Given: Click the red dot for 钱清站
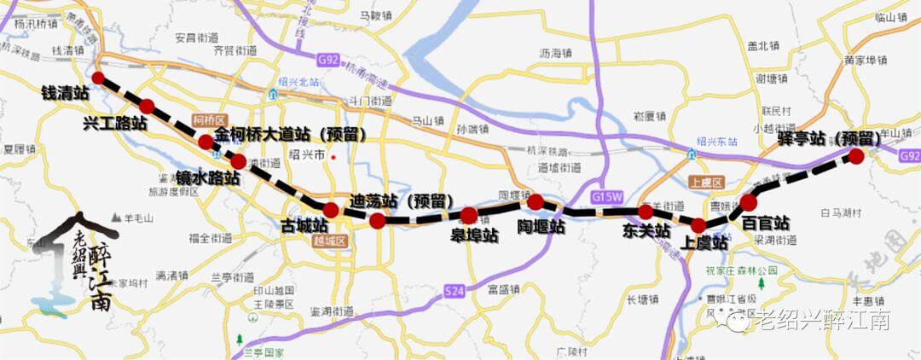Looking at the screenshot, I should (x=98, y=78).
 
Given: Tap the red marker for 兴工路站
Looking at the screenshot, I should (x=147, y=107).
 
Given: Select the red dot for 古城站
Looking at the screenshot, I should (x=331, y=210).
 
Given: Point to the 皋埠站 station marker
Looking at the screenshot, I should (x=469, y=216).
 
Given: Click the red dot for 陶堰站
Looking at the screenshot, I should (x=536, y=202).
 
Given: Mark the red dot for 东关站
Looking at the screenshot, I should (x=646, y=212).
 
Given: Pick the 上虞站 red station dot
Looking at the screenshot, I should (x=698, y=226).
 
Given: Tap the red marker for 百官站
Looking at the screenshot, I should (x=748, y=202).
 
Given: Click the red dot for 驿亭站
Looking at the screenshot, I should (x=856, y=156).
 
